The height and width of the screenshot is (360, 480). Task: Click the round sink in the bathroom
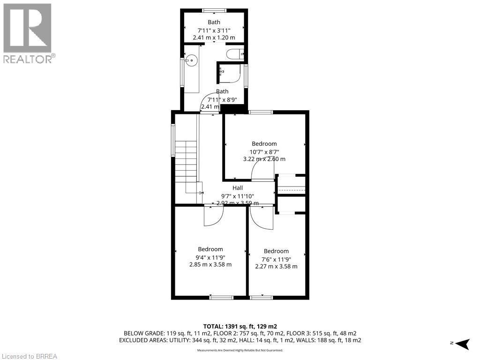tap(192, 60)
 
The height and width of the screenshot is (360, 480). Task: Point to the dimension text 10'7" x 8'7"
tap(264, 151)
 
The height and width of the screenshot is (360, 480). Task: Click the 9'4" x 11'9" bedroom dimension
tap(210, 257)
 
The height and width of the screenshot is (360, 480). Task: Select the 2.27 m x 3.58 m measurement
tap(276, 266)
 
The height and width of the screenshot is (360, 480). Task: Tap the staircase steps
tap(186, 162)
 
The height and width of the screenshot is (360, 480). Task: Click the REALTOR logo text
tap(29, 59)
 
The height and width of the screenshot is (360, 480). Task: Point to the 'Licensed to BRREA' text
tap(29, 356)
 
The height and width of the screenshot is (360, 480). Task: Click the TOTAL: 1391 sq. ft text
tap(240, 326)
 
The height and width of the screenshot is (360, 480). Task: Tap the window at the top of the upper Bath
tap(214, 10)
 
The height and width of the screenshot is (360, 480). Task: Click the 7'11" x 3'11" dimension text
tap(214, 30)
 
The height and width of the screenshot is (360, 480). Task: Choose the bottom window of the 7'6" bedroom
tap(261, 297)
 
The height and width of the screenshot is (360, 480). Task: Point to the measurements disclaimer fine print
tap(240, 350)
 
